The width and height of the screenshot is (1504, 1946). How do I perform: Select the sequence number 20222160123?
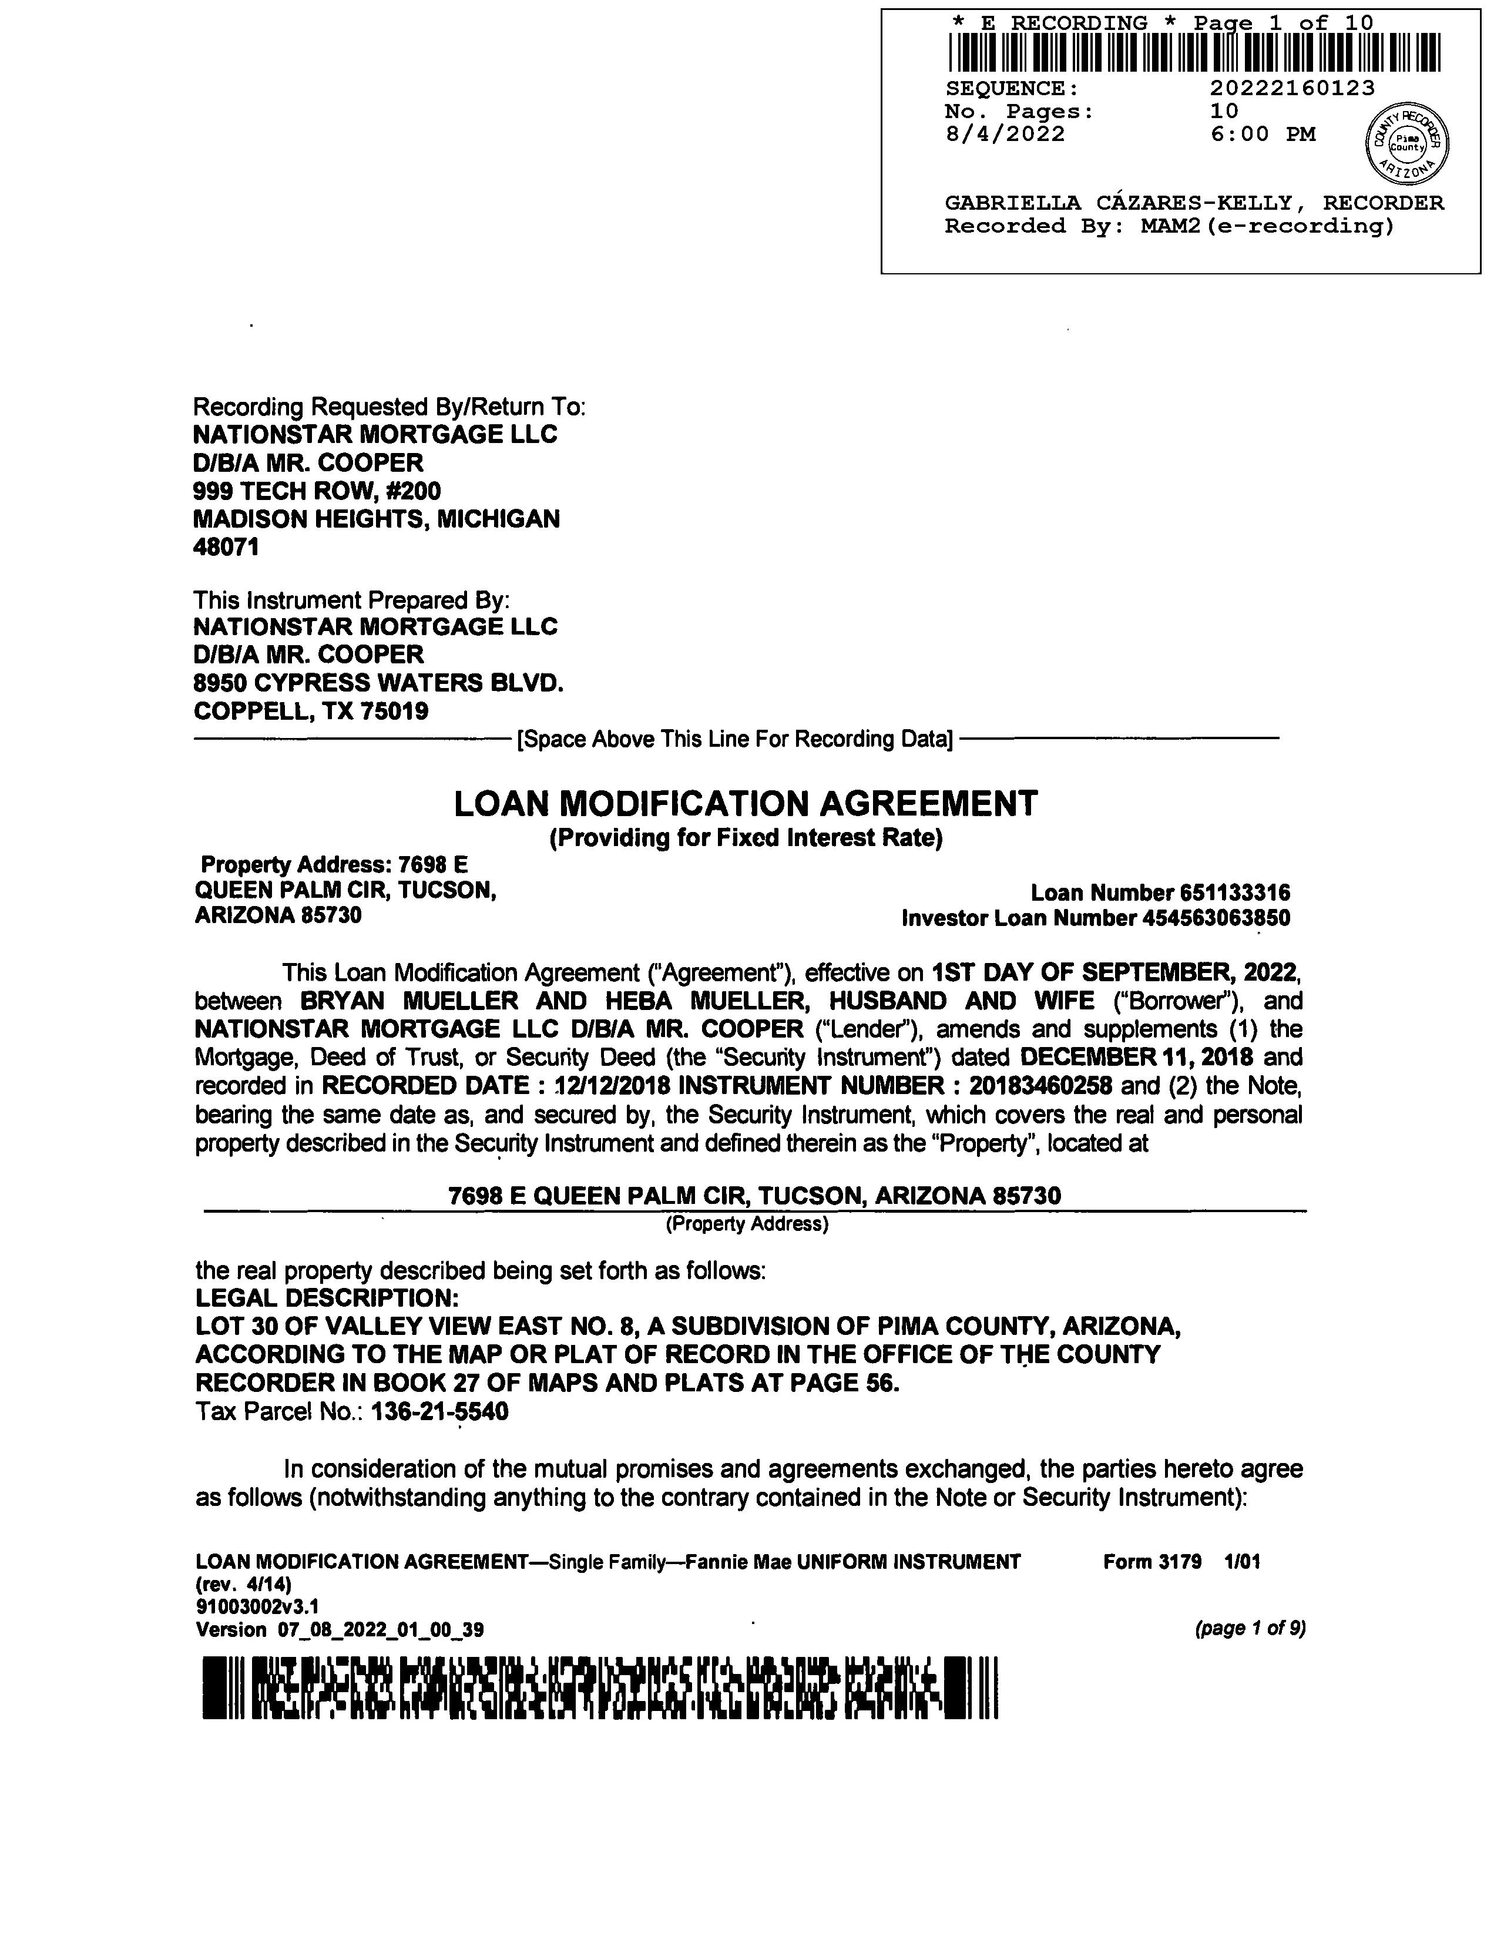point(1292,88)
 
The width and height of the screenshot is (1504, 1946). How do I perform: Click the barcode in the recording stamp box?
point(1194,52)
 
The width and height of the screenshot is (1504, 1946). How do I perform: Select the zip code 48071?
point(226,547)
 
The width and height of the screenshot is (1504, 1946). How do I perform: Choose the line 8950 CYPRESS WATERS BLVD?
point(379,683)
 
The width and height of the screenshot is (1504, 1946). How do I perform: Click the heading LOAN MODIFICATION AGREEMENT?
point(746,804)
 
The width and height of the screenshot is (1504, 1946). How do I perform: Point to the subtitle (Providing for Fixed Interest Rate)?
point(746,838)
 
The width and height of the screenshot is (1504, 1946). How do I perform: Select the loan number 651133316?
point(1235,893)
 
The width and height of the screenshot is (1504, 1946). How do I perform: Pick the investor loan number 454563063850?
point(1216,918)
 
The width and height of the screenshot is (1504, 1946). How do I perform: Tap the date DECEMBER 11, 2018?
point(1137,1058)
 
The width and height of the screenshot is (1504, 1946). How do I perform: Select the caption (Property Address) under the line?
point(747,1224)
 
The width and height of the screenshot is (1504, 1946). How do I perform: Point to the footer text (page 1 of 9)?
point(1250,1629)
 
